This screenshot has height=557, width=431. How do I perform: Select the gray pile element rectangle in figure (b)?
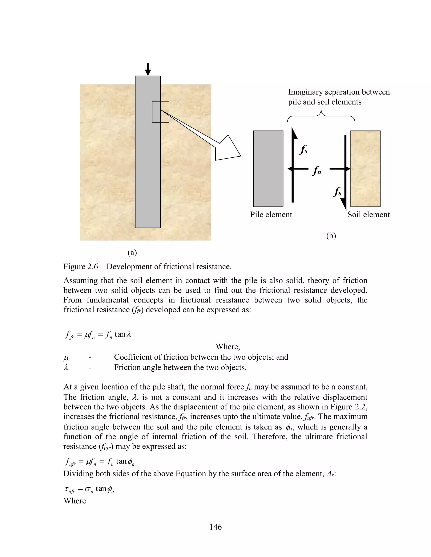point(268,169)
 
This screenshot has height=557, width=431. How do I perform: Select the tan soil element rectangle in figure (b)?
point(365,169)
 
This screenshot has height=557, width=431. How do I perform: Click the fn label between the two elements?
point(317,170)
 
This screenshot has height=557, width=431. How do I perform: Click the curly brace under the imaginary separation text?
point(321,116)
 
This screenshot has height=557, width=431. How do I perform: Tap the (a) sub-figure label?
point(132,252)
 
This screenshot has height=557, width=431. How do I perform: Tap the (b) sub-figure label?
point(331,236)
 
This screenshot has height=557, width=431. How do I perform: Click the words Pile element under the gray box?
point(271,214)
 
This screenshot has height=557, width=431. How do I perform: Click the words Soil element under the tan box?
point(368,214)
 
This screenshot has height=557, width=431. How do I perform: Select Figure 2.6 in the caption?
point(80,267)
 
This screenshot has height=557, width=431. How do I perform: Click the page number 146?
point(215,527)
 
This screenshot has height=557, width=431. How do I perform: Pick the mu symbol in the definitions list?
point(66,357)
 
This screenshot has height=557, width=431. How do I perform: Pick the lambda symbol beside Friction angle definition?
point(66,367)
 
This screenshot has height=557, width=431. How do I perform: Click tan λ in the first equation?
point(123,334)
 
